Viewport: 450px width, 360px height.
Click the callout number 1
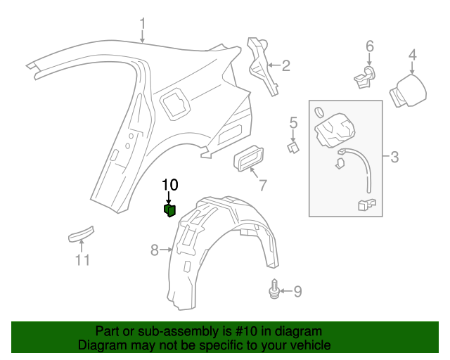point(143,26)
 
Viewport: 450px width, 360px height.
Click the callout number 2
point(286,66)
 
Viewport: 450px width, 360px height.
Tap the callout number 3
point(394,156)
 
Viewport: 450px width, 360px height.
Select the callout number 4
point(413,55)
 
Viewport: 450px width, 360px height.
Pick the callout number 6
point(370,47)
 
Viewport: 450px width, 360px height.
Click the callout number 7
point(262,185)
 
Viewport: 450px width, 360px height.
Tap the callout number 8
point(155,249)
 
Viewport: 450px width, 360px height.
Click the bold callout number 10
point(170,185)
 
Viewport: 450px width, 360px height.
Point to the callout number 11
point(83,261)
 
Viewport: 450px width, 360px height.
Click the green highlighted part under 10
point(169,210)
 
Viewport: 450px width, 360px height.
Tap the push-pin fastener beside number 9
point(274,290)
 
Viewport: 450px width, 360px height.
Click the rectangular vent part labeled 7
point(248,160)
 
